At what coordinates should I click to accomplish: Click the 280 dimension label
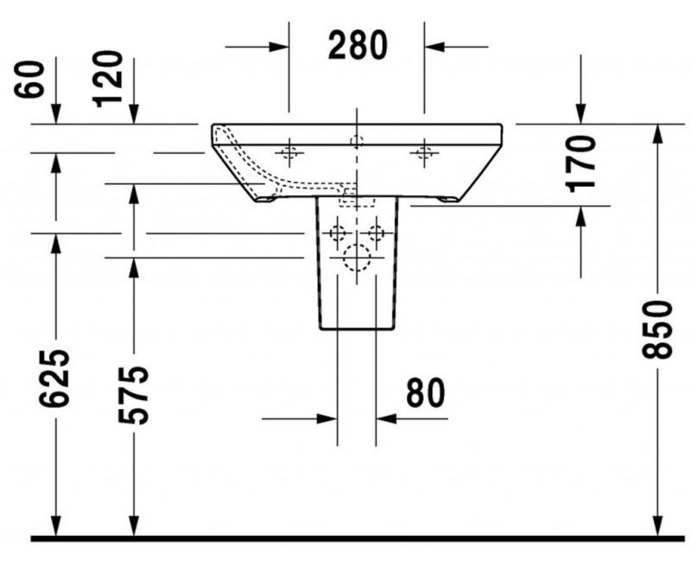click(x=358, y=45)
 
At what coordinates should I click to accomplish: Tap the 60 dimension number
click(x=29, y=79)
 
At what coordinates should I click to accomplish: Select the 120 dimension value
click(x=107, y=79)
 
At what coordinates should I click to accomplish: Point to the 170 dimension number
click(x=580, y=164)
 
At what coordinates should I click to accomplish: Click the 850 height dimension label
click(x=656, y=329)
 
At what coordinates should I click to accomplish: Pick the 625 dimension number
click(x=54, y=378)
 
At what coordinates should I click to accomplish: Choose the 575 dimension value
click(x=133, y=395)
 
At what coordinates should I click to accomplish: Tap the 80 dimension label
click(x=425, y=393)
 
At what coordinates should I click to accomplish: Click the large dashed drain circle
click(x=357, y=258)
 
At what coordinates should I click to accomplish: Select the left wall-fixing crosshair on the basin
click(x=289, y=153)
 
